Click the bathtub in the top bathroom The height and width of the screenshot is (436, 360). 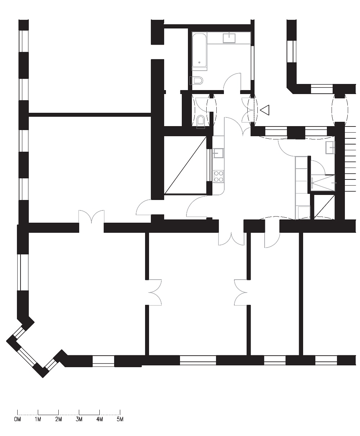click(x=199, y=51)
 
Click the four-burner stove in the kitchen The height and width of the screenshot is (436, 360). click(x=219, y=177)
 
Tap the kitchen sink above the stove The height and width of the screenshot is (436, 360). click(x=218, y=153)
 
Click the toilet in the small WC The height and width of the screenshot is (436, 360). click(x=201, y=121)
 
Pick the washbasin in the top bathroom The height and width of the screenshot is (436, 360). click(x=229, y=38)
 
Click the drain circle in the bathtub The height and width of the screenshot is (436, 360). click(x=199, y=62)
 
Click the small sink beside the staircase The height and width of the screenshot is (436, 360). click(x=330, y=148)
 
